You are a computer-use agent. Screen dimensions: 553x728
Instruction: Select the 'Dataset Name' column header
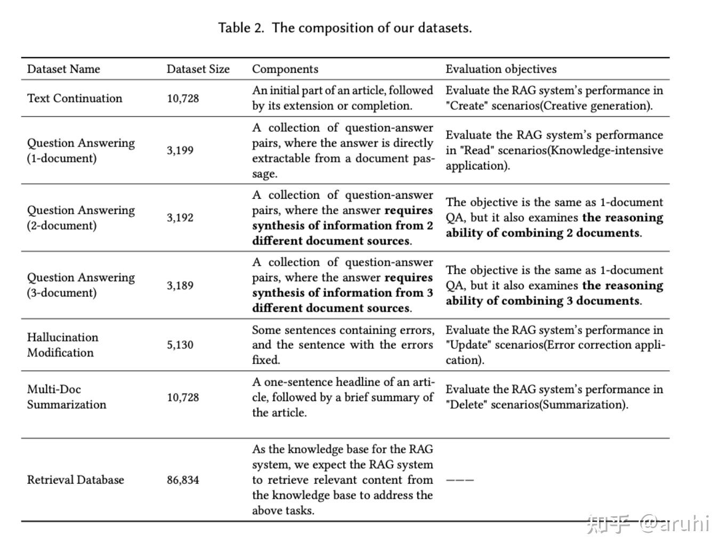coord(63,69)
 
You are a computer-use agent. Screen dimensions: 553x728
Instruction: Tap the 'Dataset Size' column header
coord(198,69)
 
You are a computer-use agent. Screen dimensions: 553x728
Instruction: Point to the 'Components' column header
coord(285,69)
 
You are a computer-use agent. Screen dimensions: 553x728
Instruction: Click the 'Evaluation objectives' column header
coord(501,69)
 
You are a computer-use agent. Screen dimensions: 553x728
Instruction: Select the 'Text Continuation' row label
coord(75,98)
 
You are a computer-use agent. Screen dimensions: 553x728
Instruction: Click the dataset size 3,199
coord(180,150)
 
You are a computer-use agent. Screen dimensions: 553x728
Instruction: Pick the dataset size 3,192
coord(180,217)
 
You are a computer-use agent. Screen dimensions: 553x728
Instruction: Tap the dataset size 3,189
coord(180,285)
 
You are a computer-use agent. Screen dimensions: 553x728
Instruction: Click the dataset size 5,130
coord(180,345)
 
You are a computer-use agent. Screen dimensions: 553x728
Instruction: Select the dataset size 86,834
coord(183,479)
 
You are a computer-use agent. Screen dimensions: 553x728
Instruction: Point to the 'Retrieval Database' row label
coord(75,479)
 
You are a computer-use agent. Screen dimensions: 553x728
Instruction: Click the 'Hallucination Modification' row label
coord(62,345)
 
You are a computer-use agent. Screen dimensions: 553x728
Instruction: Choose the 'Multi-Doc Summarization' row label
coord(67,397)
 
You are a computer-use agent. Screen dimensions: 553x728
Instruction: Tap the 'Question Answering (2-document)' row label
coord(81,217)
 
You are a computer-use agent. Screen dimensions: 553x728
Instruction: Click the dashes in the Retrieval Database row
coord(459,479)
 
